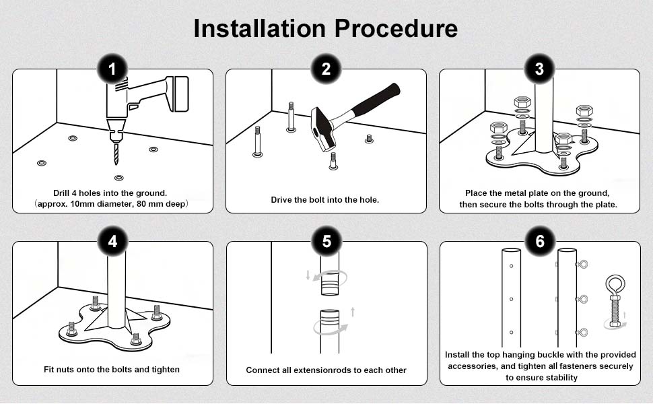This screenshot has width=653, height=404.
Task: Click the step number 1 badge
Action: click(112, 69)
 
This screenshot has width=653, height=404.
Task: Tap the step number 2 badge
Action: click(326, 69)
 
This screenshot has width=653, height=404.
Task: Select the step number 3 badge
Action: click(539, 69)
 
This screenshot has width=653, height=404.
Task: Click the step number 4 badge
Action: click(112, 241)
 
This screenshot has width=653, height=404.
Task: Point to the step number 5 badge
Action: click(326, 241)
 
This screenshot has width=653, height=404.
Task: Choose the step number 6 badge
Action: click(540, 241)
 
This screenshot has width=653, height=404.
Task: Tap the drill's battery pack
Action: click(180, 94)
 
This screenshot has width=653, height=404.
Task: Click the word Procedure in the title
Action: click(396, 28)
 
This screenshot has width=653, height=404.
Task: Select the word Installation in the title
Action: click(260, 28)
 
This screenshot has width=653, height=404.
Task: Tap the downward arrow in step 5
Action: click(308, 275)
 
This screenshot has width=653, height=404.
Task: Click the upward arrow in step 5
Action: click(353, 312)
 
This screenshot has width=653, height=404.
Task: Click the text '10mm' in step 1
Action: click(81, 204)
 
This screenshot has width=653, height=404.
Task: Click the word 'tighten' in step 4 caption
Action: click(166, 370)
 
